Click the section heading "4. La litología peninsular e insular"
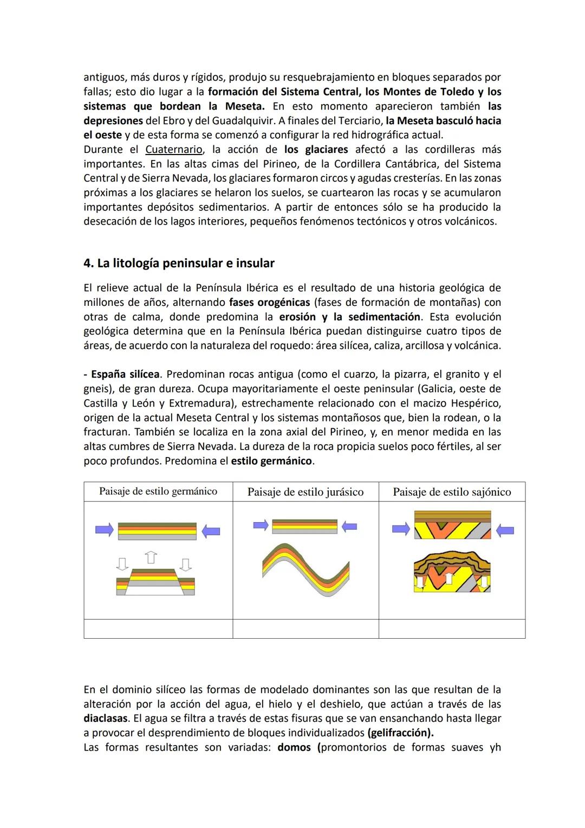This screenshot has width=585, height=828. pos(179,264)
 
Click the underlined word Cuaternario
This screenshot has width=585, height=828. pos(173,150)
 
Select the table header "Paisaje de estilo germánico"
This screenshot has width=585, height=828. pos(158,491)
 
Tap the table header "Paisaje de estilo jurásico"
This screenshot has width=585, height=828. pos(305,492)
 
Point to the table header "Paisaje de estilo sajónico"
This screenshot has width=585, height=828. pos(451,492)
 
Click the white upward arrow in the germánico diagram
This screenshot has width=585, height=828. pos(151,557)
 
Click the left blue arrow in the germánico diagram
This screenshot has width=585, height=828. pos(104,530)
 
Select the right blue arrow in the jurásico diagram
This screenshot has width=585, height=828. pos(349,526)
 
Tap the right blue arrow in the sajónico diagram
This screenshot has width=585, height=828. pos(504,530)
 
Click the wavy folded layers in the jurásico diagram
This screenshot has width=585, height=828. pos(306,569)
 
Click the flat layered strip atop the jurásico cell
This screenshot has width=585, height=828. pos(304,526)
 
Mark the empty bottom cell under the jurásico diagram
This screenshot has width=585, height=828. pos(305,629)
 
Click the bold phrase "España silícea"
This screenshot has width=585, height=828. pos(125,375)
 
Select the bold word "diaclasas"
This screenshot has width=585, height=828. pos(106,719)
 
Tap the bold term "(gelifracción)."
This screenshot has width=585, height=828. pos(400,733)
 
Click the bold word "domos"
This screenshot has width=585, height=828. pos(294,748)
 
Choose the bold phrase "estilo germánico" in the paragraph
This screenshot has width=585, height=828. pos(271,461)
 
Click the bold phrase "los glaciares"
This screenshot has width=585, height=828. pos(316,150)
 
